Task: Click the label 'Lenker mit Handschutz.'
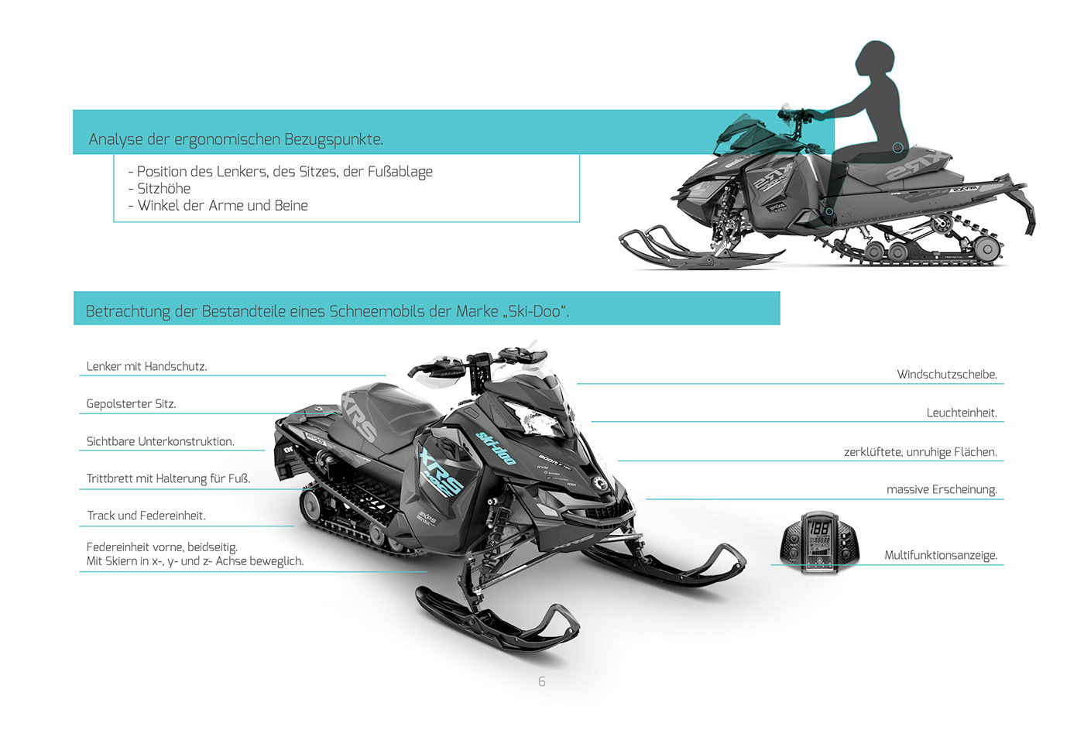(146, 366)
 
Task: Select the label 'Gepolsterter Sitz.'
(131, 403)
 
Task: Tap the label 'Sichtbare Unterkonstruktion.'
(160, 441)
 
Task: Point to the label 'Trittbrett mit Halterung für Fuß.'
(168, 478)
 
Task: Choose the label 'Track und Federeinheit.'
(146, 516)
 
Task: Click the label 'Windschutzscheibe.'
(946, 374)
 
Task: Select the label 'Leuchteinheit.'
(961, 413)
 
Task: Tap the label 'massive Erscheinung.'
(942, 489)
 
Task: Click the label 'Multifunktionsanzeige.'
(941, 555)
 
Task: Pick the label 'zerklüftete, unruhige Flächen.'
(920, 451)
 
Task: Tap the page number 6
(542, 681)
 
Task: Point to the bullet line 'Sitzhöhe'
(163, 188)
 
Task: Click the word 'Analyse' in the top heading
(115, 139)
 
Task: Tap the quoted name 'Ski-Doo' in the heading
(533, 311)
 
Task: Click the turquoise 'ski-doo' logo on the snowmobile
(496, 447)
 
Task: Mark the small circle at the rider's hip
(897, 147)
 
